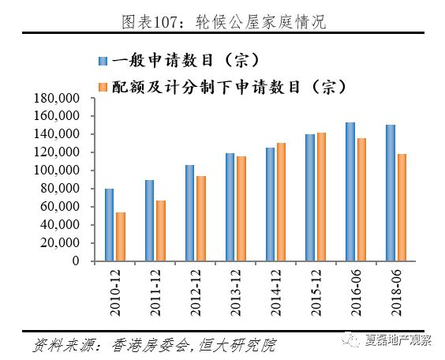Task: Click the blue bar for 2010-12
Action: [109, 225]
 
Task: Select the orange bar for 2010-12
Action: [121, 236]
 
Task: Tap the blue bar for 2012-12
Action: [190, 213]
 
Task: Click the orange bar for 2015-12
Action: [321, 197]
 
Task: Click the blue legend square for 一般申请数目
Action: [103, 61]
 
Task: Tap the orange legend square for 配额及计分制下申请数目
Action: [103, 84]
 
